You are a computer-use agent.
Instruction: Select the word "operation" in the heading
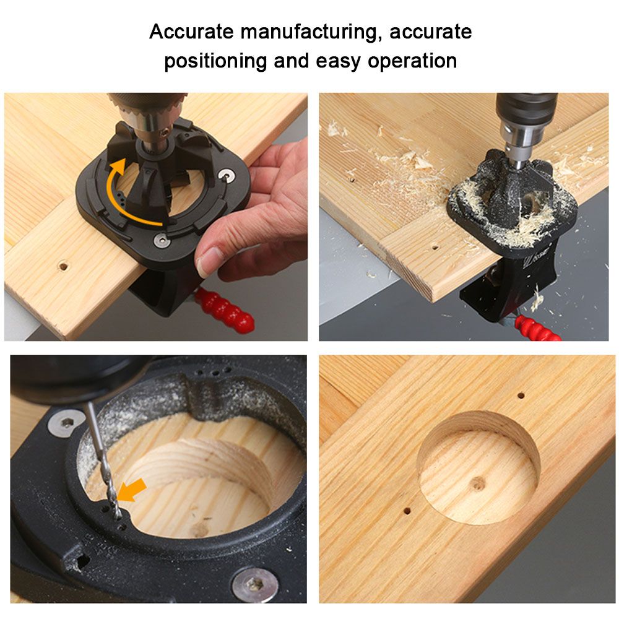pos(412,61)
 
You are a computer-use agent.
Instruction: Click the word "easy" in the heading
pos(339,62)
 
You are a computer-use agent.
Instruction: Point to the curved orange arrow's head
pos(118,165)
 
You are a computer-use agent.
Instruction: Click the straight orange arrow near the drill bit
pos(132,490)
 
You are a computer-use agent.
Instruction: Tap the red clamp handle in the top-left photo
pos(223,309)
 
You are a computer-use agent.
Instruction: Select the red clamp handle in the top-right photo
pos(538,329)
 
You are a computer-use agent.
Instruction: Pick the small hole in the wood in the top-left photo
pos(63,266)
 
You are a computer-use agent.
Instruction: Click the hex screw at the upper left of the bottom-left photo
pos(66,423)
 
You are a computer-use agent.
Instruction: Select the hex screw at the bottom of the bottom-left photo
pos(253,585)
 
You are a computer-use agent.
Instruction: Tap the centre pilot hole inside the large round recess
pos(478,483)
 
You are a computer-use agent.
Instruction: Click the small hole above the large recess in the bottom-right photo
pos(521,395)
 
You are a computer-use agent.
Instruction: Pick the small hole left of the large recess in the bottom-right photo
pos(407,511)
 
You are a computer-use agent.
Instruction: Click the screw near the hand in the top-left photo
pos(227,175)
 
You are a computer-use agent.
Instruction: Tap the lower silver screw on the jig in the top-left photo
pos(162,240)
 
